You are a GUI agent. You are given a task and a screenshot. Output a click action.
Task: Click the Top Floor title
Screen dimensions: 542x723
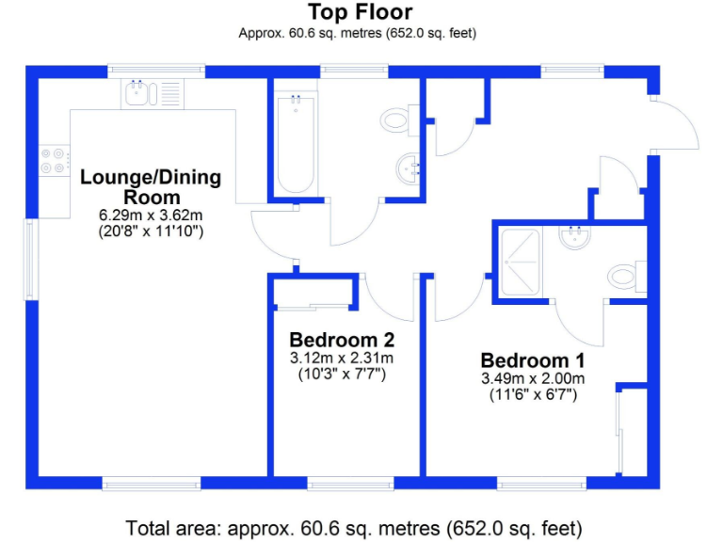(x=361, y=12)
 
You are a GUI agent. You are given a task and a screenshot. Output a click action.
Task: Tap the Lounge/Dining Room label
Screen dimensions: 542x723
(x=151, y=186)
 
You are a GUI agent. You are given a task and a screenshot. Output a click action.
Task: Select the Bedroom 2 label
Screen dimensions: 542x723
(x=342, y=340)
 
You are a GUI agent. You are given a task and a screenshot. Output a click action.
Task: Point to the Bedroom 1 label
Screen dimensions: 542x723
(x=533, y=360)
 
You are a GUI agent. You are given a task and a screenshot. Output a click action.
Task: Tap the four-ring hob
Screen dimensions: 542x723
(x=54, y=162)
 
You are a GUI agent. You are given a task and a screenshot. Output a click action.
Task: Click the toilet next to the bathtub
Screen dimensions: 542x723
(x=396, y=120)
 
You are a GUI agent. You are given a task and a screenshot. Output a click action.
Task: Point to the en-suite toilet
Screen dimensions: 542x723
(x=624, y=277)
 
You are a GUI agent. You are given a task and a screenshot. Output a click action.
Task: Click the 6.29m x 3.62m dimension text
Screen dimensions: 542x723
(x=151, y=215)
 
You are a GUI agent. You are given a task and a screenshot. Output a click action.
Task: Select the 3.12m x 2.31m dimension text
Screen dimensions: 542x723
(x=342, y=358)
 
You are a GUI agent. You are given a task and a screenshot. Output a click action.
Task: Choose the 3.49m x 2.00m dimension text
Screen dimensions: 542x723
(x=533, y=378)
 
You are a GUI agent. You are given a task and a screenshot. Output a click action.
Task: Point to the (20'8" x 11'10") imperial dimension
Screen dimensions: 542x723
(x=151, y=231)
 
